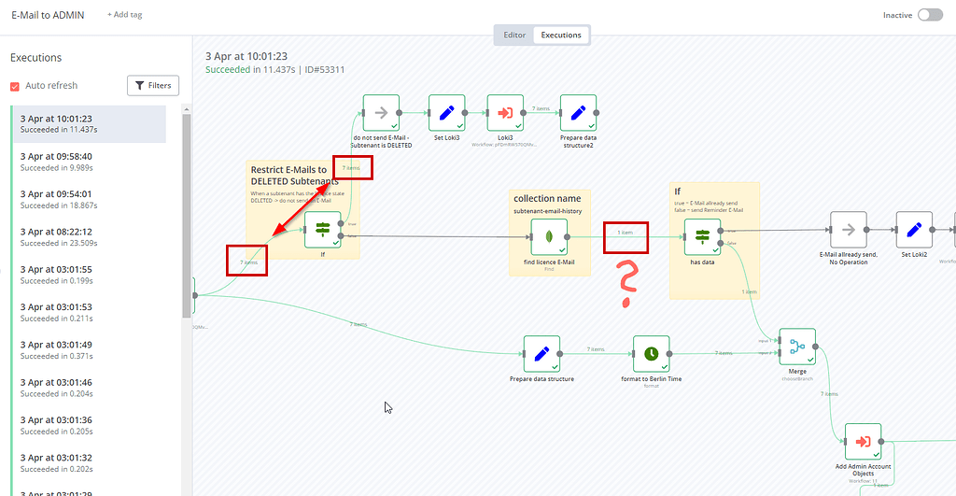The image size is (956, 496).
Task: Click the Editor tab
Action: pos(514,35)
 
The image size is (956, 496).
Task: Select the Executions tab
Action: pos(562,35)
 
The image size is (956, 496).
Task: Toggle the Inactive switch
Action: pos(930,15)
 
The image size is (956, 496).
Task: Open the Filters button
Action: pos(153,86)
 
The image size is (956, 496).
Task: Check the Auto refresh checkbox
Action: pos(15,86)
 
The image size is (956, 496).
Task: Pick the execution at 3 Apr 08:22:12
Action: pos(89,236)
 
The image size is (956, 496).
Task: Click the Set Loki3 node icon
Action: pos(446,112)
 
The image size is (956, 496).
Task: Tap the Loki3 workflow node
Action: pos(505,112)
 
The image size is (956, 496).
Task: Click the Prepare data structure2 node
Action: pos(578,112)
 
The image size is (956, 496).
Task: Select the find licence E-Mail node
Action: pos(549,237)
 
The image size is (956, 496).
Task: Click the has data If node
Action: pos(702,237)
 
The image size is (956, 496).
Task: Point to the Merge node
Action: pos(796,347)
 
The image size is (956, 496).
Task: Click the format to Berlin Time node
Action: pos(651,354)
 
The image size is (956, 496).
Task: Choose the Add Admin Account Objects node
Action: pos(863,442)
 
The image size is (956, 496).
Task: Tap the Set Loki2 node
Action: pos(914,229)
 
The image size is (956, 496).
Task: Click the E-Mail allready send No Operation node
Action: pos(848,229)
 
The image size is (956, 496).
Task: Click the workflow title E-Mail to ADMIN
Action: pos(48,15)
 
